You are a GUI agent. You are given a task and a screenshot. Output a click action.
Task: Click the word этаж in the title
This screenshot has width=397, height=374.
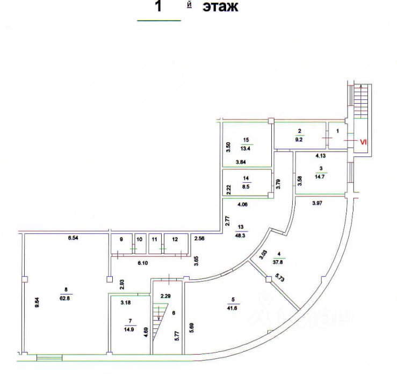point(219,8)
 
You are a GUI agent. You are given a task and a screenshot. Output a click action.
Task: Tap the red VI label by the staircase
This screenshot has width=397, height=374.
point(363,142)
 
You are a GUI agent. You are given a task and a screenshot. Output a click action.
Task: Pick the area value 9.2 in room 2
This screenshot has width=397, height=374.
point(300,138)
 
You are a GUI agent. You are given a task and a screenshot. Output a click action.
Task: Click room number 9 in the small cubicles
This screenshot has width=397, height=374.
point(121,240)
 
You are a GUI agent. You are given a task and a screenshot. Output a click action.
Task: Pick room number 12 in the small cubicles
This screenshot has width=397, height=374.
point(175,240)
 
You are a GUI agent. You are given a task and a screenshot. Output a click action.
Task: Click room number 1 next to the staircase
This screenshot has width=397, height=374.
point(338,130)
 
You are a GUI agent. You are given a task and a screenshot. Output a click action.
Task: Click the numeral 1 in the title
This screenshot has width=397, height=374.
point(158,8)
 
